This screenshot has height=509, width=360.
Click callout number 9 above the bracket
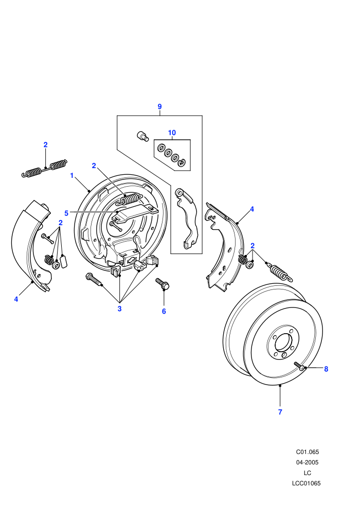pos(159,106)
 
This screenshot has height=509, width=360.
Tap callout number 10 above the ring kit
pos(172,133)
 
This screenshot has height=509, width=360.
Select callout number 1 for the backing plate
pos(71,176)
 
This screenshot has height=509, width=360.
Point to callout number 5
pos(66,213)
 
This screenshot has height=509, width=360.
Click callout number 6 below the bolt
pos(164,311)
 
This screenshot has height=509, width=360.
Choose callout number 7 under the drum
pos(280,412)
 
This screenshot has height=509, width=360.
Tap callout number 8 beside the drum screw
pos(326,369)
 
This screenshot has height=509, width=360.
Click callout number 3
pos(119,308)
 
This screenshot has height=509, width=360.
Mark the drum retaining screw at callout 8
pos(300,366)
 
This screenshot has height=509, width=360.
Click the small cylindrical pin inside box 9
pos(142,136)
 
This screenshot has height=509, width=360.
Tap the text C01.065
pos(308,452)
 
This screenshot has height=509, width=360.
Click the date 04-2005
pos(308,462)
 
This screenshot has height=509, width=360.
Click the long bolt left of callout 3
pos(94,280)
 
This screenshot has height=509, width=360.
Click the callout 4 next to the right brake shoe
pos(252,209)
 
